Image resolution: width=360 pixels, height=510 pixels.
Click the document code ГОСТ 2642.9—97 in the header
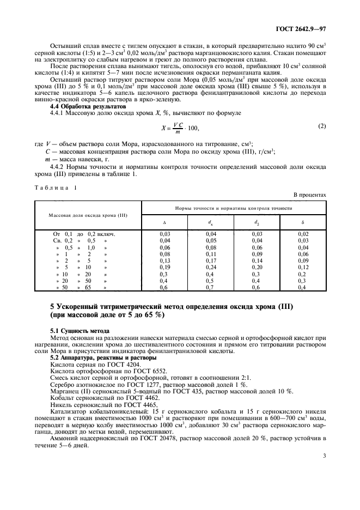[x=301, y=19]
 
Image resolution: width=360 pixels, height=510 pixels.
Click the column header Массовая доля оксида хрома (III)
[x=88, y=215]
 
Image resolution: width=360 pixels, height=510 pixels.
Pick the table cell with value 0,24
[x=211, y=268]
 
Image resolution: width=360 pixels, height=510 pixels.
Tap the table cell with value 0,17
[x=211, y=260]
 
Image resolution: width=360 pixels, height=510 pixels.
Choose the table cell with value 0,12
[x=303, y=268]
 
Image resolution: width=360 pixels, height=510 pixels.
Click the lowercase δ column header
[x=303, y=222]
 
